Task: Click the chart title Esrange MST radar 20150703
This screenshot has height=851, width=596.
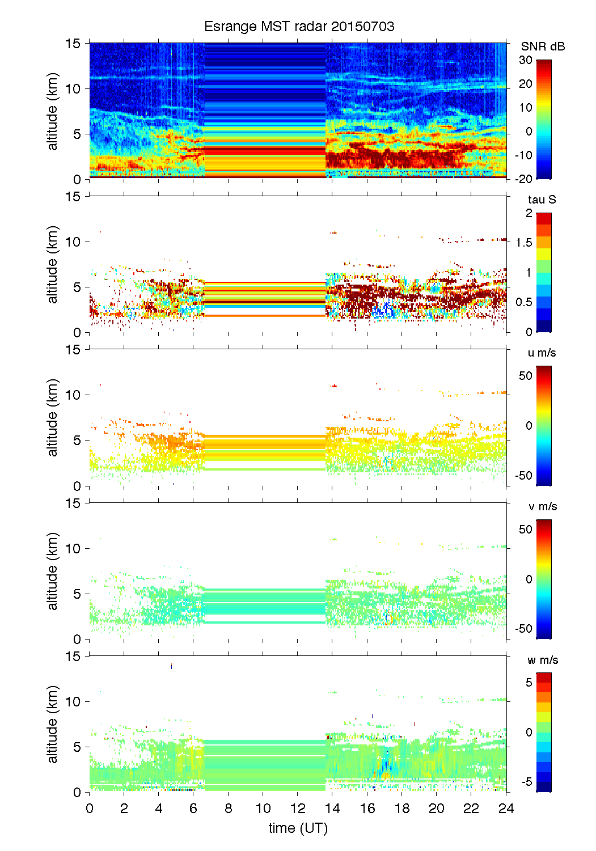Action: click(x=299, y=27)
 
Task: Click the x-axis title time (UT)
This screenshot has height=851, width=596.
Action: click(x=298, y=828)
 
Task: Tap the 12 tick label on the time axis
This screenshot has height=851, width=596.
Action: click(x=298, y=808)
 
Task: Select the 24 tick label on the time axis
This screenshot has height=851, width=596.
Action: click(x=506, y=808)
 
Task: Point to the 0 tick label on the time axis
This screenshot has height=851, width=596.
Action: click(x=90, y=808)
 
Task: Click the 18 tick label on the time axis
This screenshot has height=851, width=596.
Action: click(x=402, y=808)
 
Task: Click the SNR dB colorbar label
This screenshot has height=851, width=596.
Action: click(x=543, y=46)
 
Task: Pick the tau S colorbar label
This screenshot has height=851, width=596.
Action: click(x=542, y=200)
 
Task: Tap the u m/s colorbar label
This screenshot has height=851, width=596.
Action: click(x=542, y=353)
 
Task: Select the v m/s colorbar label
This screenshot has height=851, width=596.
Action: click(x=542, y=506)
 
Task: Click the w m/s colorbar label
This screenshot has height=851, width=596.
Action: click(x=543, y=660)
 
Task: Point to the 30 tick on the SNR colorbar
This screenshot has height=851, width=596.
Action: click(x=526, y=60)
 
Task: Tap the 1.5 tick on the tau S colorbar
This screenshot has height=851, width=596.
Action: click(x=524, y=243)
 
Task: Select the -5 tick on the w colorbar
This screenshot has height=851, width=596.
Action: click(x=526, y=782)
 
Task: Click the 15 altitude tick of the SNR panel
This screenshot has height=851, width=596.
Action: click(x=73, y=43)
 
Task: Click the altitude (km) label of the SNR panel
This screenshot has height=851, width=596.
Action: click(x=53, y=111)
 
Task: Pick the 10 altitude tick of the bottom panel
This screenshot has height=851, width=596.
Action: click(x=73, y=702)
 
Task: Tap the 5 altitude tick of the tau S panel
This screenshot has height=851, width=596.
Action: click(x=77, y=287)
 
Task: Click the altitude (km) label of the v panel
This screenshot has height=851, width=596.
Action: click(x=53, y=571)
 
